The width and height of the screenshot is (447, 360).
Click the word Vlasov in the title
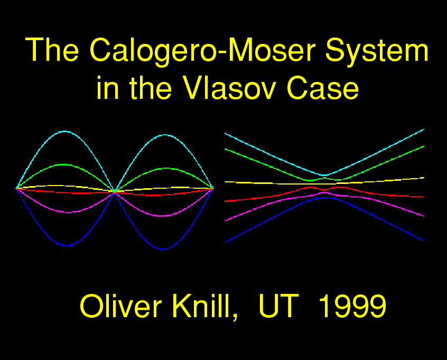(229, 88)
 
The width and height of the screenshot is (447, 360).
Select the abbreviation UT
(278, 306)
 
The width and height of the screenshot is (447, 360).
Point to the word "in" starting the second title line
(107, 88)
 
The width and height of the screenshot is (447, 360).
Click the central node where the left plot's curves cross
(115, 192)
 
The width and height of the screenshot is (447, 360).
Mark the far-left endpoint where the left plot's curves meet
(16, 189)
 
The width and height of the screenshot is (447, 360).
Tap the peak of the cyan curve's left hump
(64, 131)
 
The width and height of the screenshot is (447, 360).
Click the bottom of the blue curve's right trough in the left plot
(163, 249)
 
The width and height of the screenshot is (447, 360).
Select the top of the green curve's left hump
(64, 164)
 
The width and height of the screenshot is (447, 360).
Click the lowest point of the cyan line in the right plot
(324, 175)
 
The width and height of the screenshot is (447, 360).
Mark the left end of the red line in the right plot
(225, 201)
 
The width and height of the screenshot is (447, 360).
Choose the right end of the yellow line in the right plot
(424, 178)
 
